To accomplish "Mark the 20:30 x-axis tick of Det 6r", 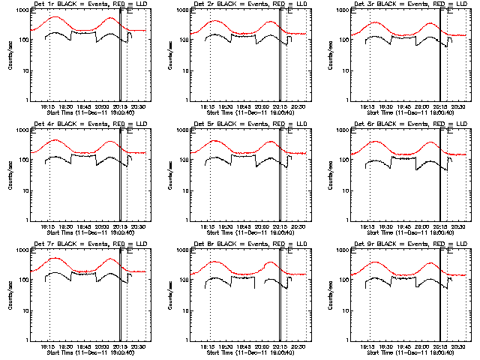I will tap(459, 227).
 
